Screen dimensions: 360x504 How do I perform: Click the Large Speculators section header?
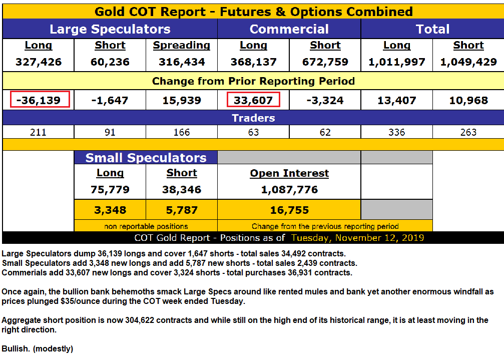pos(110,29)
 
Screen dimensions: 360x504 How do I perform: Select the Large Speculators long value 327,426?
pos(39,62)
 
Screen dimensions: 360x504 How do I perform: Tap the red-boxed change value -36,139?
pos(39,100)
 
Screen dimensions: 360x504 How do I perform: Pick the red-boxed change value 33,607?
pos(253,100)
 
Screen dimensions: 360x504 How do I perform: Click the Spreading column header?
pos(182,46)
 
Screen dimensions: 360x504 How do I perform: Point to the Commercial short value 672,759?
pos(325,62)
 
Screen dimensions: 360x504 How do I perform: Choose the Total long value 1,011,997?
pos(397,62)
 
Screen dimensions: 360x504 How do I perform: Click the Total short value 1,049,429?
pos(468,62)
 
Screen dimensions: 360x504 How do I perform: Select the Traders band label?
pos(253,118)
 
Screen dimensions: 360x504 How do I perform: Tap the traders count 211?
pos(39,132)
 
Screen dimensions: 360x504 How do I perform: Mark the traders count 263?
pos(468,132)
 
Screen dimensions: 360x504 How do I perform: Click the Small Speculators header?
pos(146,158)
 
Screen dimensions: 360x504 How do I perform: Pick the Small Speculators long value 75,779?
pos(110,190)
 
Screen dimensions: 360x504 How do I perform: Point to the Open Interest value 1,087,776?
pos(289,190)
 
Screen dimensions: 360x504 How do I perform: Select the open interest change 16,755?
pos(289,210)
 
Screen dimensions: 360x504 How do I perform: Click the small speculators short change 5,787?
pos(182,210)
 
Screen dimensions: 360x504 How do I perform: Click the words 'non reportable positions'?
pos(146,226)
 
